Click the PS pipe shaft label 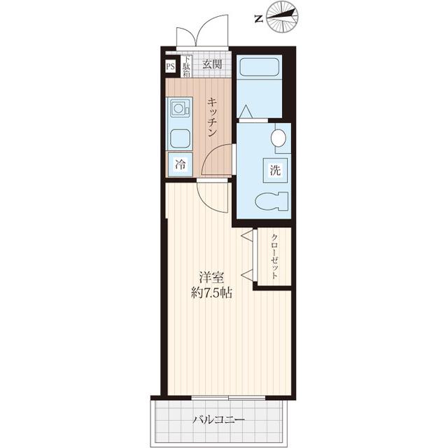pos(171,67)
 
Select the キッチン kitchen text pos(211,117)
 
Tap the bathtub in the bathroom pos(258,68)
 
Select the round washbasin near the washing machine pos(279,138)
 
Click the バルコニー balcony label pos(219,420)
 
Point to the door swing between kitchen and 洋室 pos(214,196)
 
